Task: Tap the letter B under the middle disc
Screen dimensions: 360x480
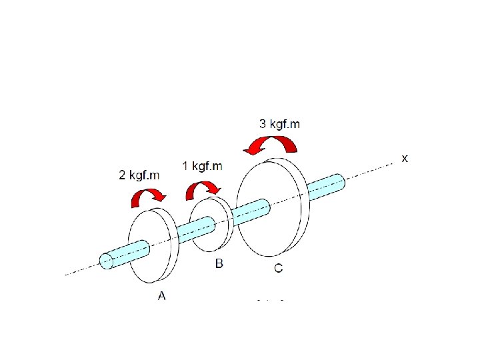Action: click(x=219, y=264)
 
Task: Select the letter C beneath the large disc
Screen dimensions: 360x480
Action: click(x=278, y=268)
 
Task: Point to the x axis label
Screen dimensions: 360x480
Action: click(x=404, y=159)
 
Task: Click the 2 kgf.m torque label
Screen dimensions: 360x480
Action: click(x=139, y=175)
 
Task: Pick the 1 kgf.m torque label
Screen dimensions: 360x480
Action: click(x=202, y=166)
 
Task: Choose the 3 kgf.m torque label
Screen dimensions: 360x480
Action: click(x=279, y=123)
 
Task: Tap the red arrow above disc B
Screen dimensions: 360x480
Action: click(x=203, y=189)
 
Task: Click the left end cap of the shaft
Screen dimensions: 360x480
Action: click(x=106, y=261)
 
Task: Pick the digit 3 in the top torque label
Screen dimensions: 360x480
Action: click(x=262, y=123)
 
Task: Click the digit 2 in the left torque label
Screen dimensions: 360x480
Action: click(x=122, y=175)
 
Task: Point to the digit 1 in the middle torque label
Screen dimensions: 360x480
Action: click(x=185, y=166)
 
